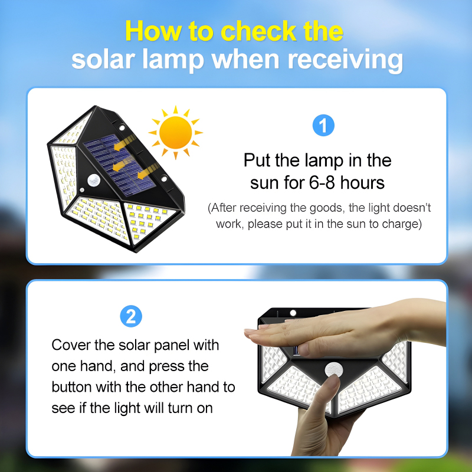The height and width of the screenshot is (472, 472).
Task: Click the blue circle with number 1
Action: click(x=323, y=126)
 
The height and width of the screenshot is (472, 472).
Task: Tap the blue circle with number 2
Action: click(x=131, y=317)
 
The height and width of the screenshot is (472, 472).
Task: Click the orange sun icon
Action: click(x=175, y=132)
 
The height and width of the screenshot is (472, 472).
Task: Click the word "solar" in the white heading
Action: click(x=104, y=60)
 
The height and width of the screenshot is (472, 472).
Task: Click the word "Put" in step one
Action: click(x=258, y=160)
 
